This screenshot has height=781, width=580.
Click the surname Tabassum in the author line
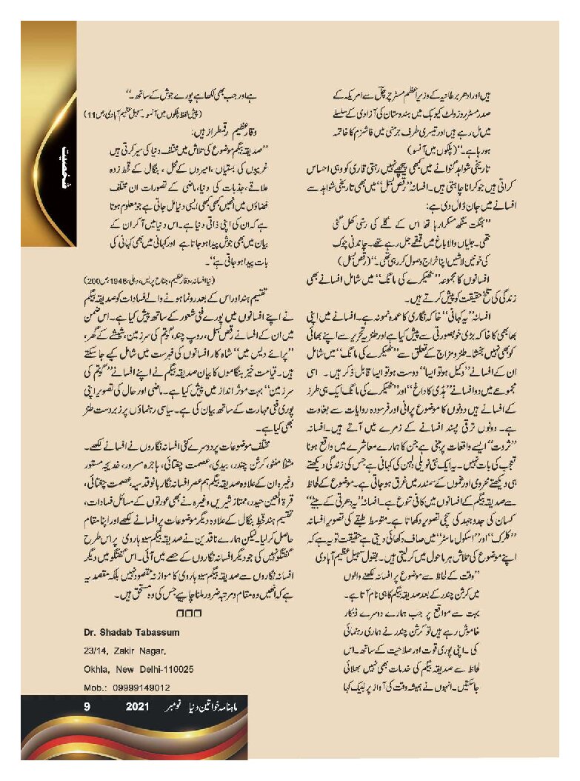(x=161, y=631)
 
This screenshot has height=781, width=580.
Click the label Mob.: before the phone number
(x=93, y=687)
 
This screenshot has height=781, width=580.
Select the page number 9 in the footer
(x=87, y=708)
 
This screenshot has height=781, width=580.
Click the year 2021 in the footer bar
(x=138, y=708)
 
